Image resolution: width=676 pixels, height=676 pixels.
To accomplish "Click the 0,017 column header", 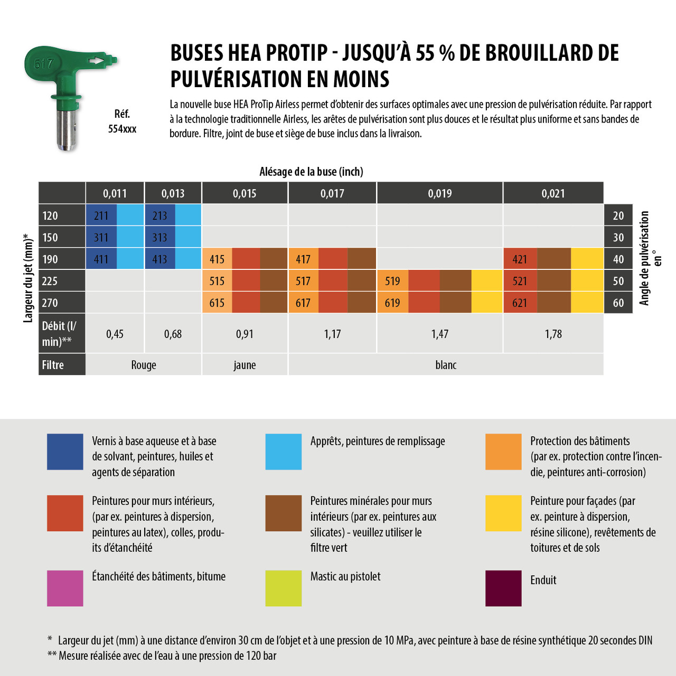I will [332, 193].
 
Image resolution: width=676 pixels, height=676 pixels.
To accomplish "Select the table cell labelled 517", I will [303, 281].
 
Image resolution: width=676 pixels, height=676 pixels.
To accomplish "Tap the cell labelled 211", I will [101, 215].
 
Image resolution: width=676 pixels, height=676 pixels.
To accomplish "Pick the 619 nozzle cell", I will [392, 303].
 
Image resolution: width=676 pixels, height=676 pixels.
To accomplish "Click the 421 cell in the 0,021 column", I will [520, 259].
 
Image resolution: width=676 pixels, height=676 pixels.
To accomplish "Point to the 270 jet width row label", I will [50, 303].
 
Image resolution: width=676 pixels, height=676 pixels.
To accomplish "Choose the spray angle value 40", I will [618, 259].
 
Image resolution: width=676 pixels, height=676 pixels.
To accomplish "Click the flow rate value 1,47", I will [439, 334].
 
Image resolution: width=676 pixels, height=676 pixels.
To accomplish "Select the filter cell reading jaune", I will [245, 365].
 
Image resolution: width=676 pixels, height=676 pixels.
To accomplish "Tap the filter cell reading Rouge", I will [144, 365].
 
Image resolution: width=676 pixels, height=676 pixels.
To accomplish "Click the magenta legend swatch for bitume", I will [65, 588].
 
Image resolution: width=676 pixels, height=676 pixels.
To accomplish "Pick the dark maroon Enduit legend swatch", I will [503, 588].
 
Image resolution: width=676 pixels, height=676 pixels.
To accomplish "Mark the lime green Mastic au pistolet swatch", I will [284, 588].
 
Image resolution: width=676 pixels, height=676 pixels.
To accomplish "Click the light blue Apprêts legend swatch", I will [284, 452].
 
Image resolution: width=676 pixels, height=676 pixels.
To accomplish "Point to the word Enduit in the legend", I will [543, 580].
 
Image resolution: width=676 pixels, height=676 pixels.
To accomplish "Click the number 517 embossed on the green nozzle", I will [44, 64].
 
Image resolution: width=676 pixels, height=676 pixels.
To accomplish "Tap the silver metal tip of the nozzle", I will [67, 129].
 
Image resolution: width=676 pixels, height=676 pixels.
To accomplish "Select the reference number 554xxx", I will [122, 129].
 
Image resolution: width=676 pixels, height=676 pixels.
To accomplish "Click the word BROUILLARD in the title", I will [533, 53].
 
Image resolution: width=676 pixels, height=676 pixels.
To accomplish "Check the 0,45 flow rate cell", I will [115, 334].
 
